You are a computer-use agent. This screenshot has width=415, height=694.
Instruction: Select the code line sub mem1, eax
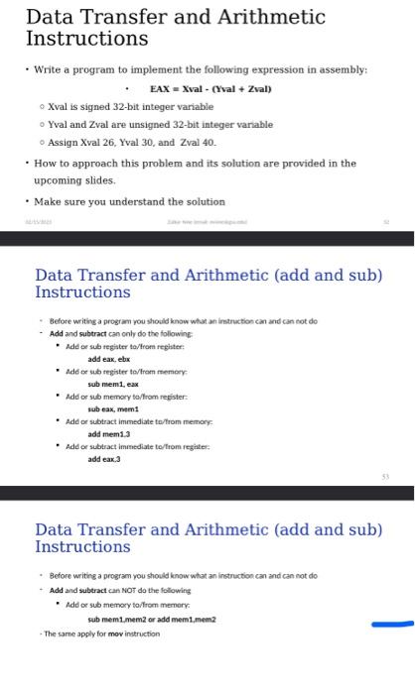[x=112, y=383]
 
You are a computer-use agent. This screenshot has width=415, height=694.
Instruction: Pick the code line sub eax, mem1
[x=112, y=408]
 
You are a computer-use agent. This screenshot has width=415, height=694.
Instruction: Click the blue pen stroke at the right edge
[x=392, y=625]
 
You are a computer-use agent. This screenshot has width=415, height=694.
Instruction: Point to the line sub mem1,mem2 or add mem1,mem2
[x=151, y=618]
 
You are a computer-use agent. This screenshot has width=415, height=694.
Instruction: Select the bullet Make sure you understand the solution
[x=129, y=201]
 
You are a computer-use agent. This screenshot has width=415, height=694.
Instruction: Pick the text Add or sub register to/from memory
[x=118, y=371]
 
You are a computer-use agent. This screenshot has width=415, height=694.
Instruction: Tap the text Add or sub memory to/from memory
[x=120, y=603]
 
